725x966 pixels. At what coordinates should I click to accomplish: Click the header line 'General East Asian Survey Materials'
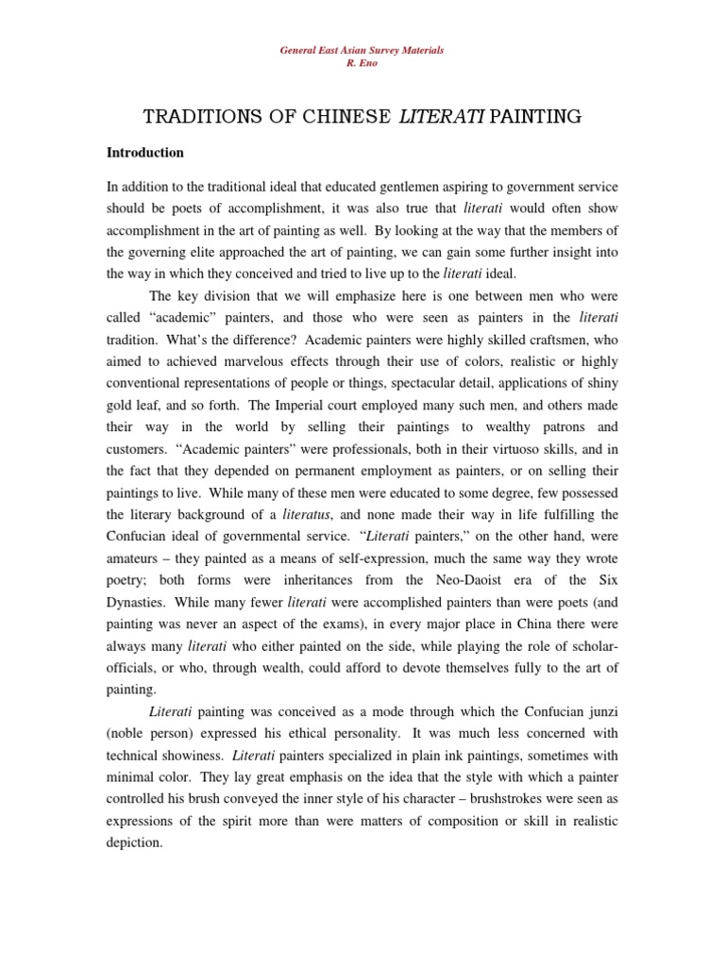click(x=362, y=49)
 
